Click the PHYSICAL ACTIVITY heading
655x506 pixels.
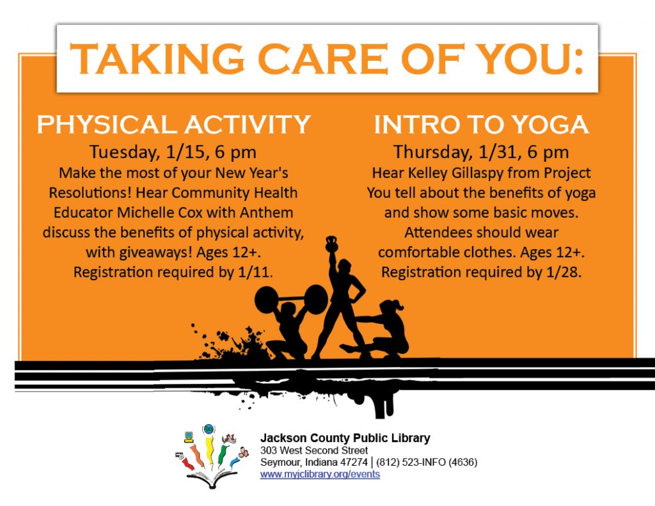coord(173,124)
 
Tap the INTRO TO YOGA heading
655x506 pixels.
coord(481,124)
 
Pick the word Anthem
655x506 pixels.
coord(266,212)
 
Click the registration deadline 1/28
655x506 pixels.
coord(564,273)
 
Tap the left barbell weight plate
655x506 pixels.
coord(266,299)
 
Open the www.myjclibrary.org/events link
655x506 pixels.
coord(320,474)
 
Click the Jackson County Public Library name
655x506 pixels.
coord(345,438)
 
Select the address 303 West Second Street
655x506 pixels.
coord(314,450)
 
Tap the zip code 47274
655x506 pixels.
coord(354,463)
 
